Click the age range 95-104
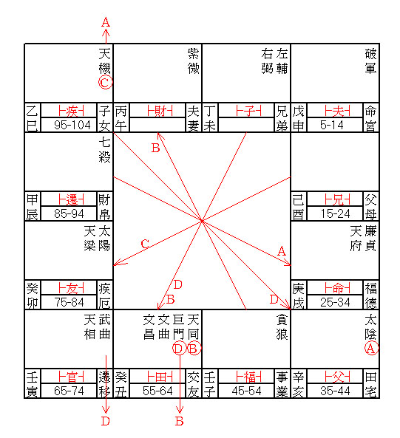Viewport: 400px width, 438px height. (72, 125)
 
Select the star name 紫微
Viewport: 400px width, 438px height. (194, 61)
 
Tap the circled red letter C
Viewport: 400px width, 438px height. (105, 83)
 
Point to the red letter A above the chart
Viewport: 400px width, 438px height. (106, 22)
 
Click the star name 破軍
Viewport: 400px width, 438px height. (371, 61)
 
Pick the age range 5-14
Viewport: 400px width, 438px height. (332, 125)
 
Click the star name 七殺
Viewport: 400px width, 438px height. (105, 150)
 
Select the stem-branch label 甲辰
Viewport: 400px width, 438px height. (33, 207)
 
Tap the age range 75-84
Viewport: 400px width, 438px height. (69, 302)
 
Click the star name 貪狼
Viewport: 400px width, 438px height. (282, 326)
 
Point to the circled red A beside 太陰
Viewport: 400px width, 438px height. (371, 349)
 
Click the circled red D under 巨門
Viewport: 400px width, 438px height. (179, 349)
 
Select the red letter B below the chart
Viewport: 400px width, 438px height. (180, 421)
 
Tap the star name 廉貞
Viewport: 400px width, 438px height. (370, 239)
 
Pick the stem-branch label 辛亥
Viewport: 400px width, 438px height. (298, 384)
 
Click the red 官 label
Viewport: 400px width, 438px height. (71, 377)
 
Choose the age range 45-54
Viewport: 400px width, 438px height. (246, 391)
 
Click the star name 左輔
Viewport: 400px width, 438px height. (282, 61)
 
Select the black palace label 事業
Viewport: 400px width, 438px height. (282, 384)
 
